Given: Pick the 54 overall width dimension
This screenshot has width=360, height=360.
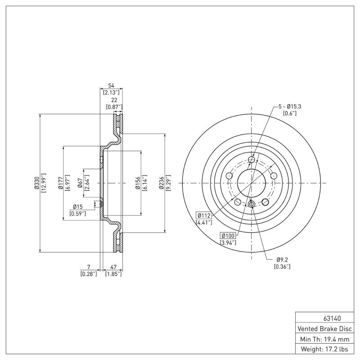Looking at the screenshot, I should pos(111,85).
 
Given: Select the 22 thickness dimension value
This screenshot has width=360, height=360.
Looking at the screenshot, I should pos(113,100).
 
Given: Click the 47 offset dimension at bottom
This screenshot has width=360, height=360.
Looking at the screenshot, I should pos(113,267).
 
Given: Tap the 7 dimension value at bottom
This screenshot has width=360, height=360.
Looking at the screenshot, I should pos(89,267).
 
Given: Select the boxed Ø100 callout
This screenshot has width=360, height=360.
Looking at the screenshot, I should pos(228,236).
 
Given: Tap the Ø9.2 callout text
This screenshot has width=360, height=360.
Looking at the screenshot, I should pos(282,259).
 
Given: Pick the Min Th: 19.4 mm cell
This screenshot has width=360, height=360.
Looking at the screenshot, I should pos(324,338).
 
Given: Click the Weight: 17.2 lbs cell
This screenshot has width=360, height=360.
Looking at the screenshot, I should pos(324,349).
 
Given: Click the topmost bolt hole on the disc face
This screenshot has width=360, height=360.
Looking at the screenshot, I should pos(252,160).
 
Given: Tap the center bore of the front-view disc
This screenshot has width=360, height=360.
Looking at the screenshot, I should pos(252,183).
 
